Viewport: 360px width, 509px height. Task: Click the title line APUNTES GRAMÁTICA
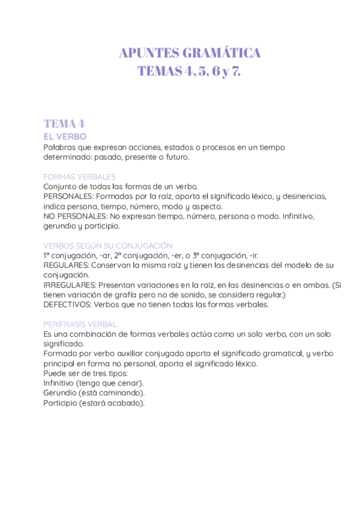pyautogui.click(x=190, y=53)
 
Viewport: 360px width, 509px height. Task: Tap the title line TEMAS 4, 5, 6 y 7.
pyautogui.click(x=190, y=71)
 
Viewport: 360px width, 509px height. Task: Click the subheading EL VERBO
pyautogui.click(x=65, y=137)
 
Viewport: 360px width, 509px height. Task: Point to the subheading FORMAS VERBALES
pyautogui.click(x=80, y=176)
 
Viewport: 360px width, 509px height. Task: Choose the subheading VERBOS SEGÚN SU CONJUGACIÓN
pyautogui.click(x=108, y=245)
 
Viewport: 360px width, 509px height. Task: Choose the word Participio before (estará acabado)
pyautogui.click(x=61, y=403)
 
